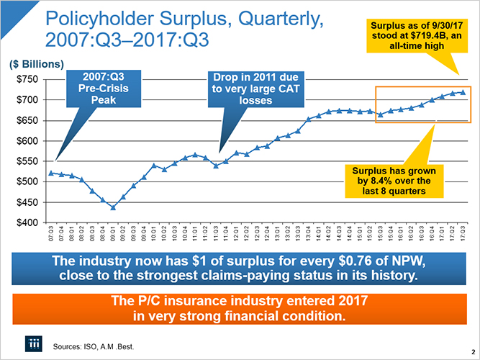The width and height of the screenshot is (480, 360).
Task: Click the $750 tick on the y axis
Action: pyautogui.click(x=29, y=78)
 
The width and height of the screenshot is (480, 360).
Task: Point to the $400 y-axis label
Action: pyautogui.click(x=29, y=222)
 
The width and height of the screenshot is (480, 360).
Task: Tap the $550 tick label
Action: pyautogui.click(x=29, y=161)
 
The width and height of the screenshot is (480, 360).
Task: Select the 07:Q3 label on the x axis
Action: pyautogui.click(x=50, y=235)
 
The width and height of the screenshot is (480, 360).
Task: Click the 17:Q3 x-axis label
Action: pyautogui.click(x=463, y=235)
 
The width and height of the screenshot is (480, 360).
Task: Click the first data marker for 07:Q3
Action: pyautogui.click(x=50, y=173)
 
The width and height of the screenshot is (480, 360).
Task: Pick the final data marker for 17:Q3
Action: pyautogui.click(x=463, y=92)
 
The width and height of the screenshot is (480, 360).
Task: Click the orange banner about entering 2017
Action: pyautogui.click(x=239, y=307)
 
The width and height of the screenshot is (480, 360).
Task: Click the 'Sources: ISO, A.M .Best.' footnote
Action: pyautogui.click(x=94, y=346)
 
